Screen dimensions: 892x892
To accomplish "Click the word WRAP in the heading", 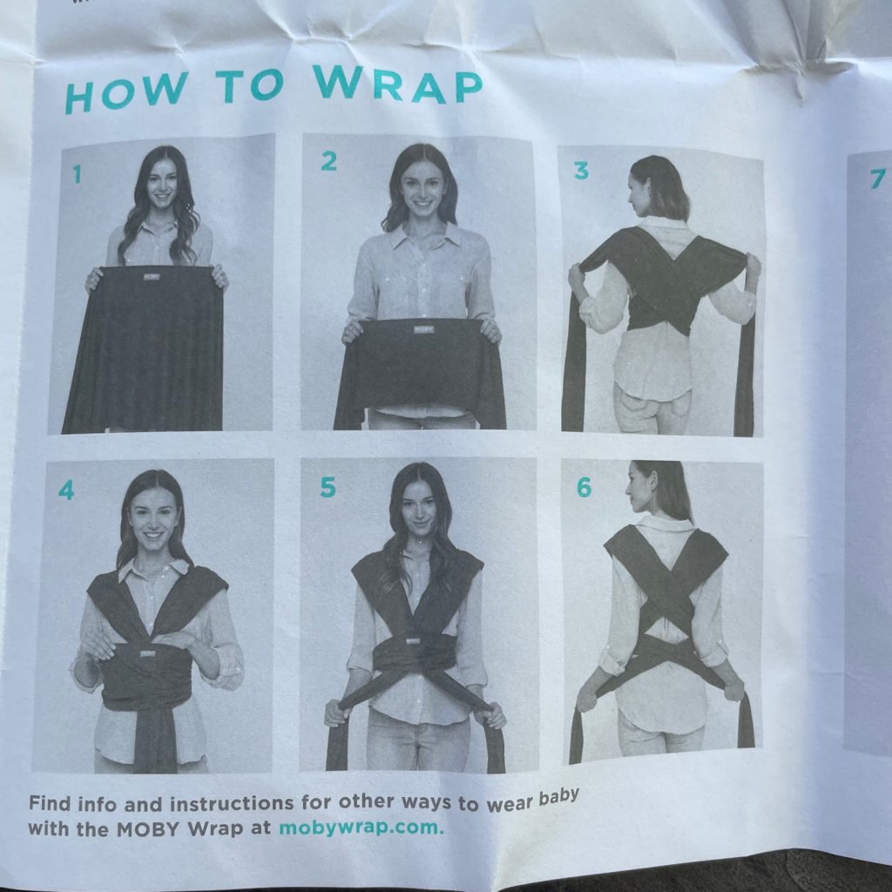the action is [397, 84].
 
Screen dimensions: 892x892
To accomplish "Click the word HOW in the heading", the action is [125, 93].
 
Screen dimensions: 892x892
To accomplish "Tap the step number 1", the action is [78, 173].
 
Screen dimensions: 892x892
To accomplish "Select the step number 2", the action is [328, 161].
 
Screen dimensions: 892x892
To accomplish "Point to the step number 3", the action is [581, 171].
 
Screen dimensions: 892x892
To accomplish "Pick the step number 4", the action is [66, 490].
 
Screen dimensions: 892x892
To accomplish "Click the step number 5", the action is [328, 488].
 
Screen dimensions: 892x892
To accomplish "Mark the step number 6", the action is [584, 488].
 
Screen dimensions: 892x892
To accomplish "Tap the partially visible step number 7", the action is [878, 179].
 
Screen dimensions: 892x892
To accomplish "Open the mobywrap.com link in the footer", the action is [361, 827].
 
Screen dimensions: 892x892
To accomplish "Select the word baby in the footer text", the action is [558, 797].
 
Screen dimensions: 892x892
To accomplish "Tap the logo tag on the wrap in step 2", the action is [423, 328].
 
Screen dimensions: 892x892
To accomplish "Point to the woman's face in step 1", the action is [162, 183].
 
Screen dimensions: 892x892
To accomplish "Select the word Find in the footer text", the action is [50, 804].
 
